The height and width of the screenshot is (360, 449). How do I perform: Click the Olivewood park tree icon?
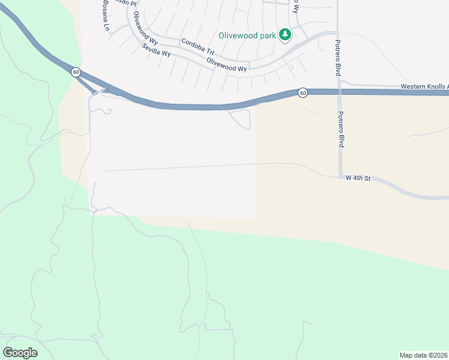[286, 35]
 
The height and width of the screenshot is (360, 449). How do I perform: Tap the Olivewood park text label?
[247, 35]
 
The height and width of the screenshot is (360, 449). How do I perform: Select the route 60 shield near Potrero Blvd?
[302, 92]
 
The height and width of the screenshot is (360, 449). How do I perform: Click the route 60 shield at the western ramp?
[75, 72]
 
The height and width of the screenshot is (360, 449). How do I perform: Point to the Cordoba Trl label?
[197, 46]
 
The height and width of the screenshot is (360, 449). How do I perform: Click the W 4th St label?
[355, 178]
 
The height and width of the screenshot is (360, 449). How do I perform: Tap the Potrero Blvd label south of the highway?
[340, 130]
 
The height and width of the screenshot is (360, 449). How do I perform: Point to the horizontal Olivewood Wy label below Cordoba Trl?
[226, 65]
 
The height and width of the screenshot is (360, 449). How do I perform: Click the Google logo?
[20, 353]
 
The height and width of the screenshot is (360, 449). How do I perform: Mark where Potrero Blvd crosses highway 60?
[339, 92]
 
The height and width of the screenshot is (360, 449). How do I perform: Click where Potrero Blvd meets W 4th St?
[340, 176]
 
